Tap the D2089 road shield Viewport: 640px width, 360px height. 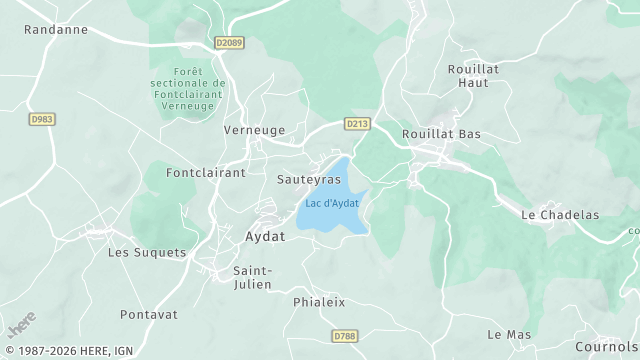pos(229,43)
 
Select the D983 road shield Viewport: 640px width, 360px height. pos(42,119)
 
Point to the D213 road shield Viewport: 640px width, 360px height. pos(357,123)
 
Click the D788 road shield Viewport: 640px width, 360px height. pos(344,336)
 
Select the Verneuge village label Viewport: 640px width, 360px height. pos(253,130)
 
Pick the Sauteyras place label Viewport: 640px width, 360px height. pos(308,179)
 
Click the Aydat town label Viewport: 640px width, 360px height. pos(265,237)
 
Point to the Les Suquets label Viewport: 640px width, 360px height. pos(147,252)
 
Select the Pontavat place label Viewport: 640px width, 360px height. pos(149,314)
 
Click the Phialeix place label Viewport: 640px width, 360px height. pos(319,301)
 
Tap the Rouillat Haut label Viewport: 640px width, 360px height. pos(467,76)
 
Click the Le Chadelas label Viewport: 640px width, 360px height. pos(560,214)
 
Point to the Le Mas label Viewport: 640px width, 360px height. pos(509,333)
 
